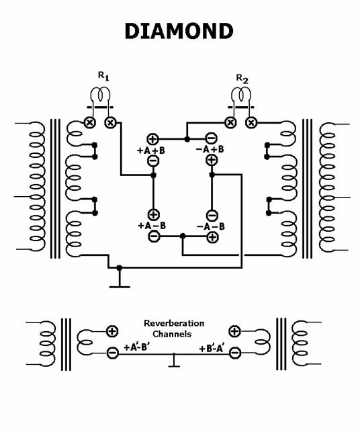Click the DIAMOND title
point(179,31)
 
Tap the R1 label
point(103,76)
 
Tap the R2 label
point(242,79)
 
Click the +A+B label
point(151,150)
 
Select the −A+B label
point(210,149)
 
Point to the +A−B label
point(152,226)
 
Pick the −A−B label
point(211,226)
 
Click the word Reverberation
point(174,323)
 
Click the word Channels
point(172,334)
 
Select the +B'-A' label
point(212,349)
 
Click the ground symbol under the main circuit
point(120,281)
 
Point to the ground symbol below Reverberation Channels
point(174,361)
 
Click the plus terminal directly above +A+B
point(152,138)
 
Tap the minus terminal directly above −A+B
point(212,138)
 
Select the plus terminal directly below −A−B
point(212,237)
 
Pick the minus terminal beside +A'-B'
point(112,353)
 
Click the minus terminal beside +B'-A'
point(235,353)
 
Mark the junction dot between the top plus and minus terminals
point(187,139)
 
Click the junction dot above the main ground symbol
point(120,268)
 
